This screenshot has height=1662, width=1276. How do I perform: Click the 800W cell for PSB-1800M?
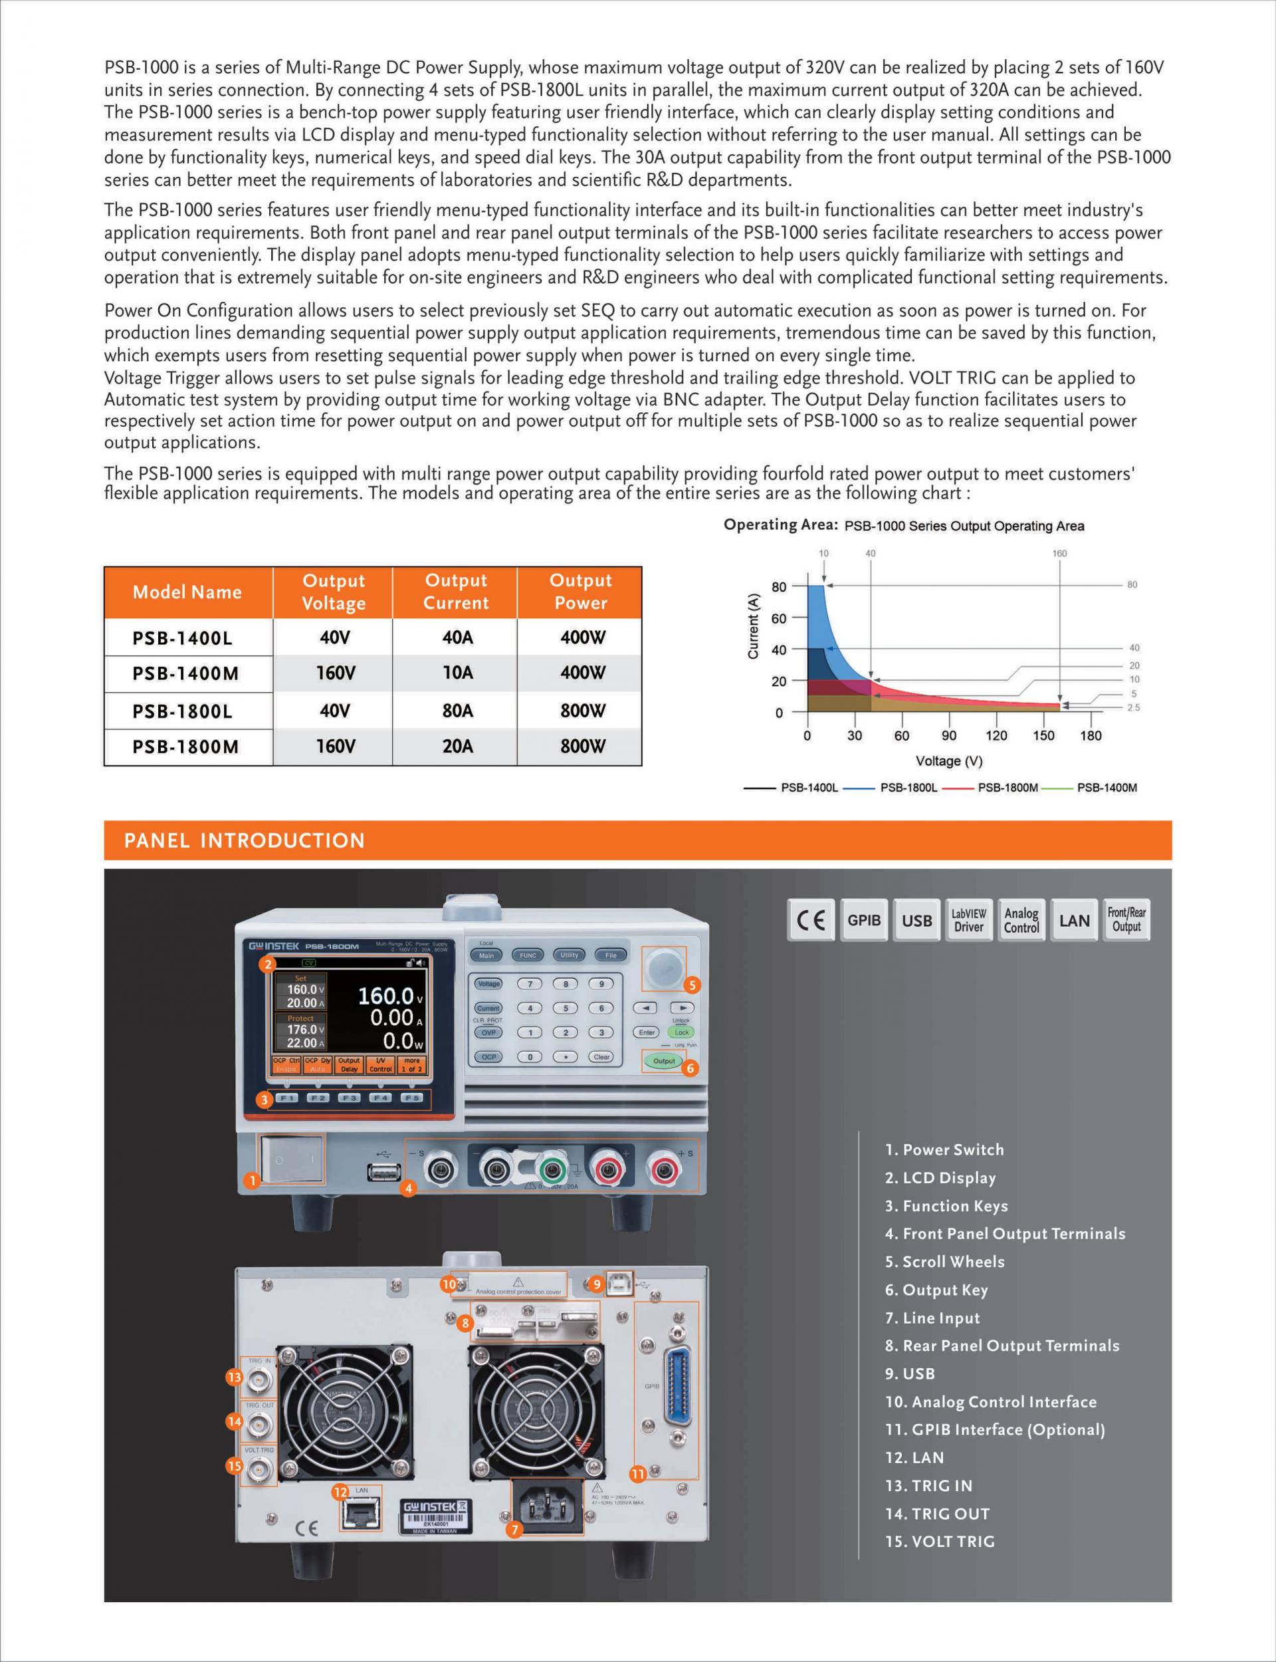click(582, 746)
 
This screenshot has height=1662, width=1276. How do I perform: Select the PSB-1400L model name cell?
click(182, 638)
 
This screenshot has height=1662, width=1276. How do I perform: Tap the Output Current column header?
click(456, 592)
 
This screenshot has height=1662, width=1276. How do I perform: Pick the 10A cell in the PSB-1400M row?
click(457, 673)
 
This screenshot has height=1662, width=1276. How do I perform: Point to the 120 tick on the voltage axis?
click(996, 735)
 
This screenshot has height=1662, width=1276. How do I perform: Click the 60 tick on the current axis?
click(778, 618)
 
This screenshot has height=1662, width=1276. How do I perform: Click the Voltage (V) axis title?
click(948, 761)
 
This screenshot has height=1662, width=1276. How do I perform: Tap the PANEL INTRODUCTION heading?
click(244, 840)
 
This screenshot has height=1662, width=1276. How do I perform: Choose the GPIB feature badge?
click(863, 920)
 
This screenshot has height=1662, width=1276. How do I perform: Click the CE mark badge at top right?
click(810, 920)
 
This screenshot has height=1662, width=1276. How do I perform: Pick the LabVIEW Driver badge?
click(968, 920)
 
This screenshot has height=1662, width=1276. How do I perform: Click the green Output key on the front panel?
click(663, 1061)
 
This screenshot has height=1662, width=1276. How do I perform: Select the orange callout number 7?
click(515, 1530)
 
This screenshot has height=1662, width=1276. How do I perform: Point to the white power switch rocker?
click(292, 1161)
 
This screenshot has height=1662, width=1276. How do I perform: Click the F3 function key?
click(349, 1098)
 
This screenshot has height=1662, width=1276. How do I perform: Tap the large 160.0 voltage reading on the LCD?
click(386, 996)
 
